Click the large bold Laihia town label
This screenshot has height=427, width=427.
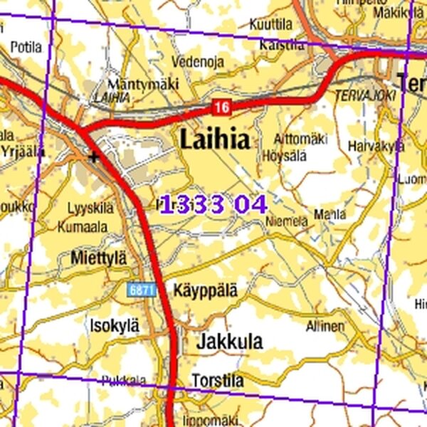[215, 139]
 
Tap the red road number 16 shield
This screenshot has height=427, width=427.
[221, 107]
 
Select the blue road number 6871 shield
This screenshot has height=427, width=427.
[142, 290]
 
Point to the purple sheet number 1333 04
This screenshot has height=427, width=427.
[213, 205]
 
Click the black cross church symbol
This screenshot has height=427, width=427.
[93, 156]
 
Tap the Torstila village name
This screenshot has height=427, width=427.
[217, 381]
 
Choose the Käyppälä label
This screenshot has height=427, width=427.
[205, 290]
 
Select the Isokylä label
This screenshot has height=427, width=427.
[114, 325]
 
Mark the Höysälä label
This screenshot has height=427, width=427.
[284, 154]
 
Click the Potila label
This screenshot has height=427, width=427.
[26, 48]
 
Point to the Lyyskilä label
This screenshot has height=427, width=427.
[90, 209]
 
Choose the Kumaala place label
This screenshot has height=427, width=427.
[84, 227]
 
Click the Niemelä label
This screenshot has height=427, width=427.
[287, 221]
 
